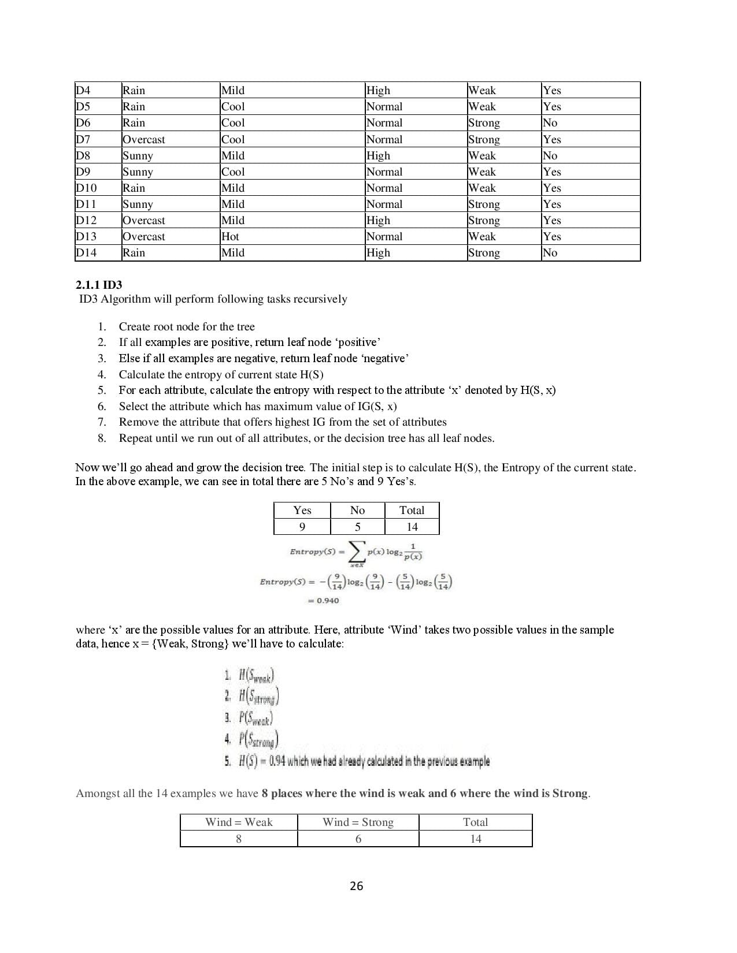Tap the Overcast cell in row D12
tap(143, 220)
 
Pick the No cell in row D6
tap(550, 122)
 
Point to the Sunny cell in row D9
tap(138, 172)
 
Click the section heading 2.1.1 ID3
tap(99, 285)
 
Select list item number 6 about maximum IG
tap(257, 406)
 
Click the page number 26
tap(357, 886)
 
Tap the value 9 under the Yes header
tap(302, 527)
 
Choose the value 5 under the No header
tap(357, 527)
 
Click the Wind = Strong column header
tap(358, 822)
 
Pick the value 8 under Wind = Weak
tap(239, 839)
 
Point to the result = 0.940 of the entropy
tap(324, 601)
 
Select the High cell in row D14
tap(379, 252)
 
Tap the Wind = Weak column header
tap(239, 822)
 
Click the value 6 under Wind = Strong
tap(358, 839)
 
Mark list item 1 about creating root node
tap(186, 326)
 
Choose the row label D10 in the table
tap(86, 188)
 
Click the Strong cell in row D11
tap(484, 204)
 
